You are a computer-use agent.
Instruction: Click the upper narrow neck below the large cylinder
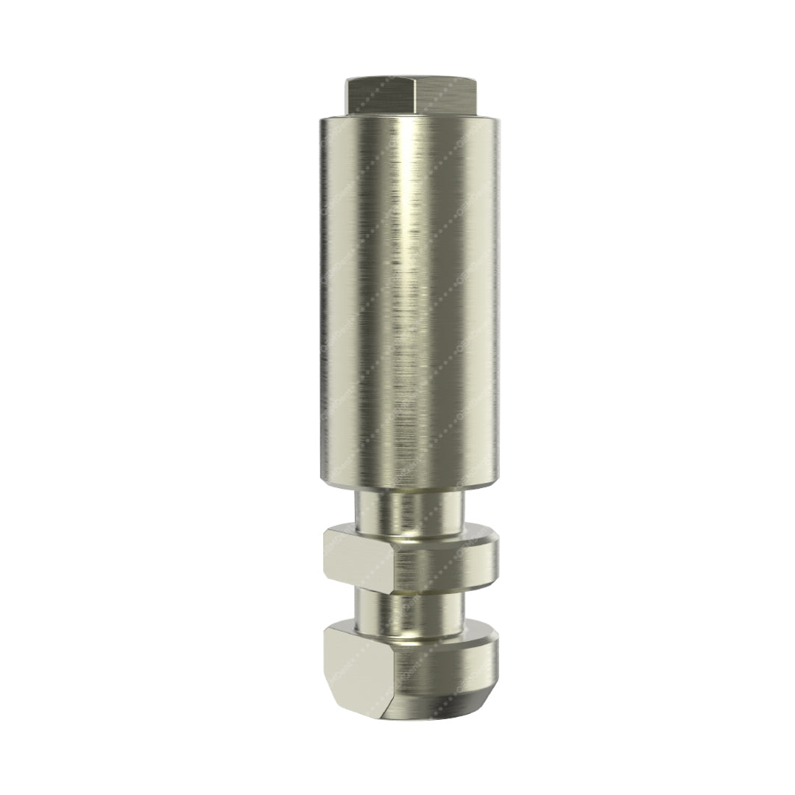click(409, 508)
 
